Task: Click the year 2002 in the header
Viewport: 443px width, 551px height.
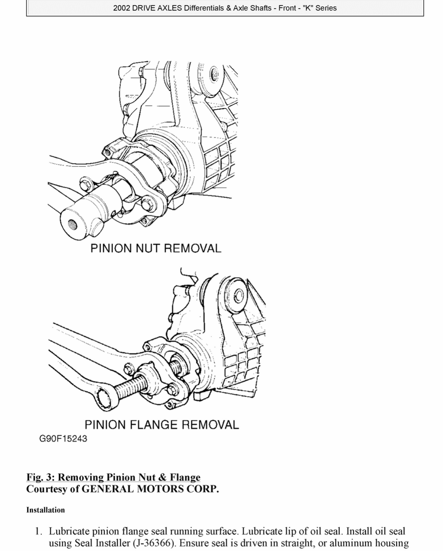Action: click(122, 8)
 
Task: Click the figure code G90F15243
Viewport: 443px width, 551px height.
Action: click(63, 439)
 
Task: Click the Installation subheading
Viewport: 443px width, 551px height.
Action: click(45, 510)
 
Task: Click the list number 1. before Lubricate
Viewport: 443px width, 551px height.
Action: click(39, 531)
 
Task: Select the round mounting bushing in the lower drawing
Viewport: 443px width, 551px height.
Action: click(238, 295)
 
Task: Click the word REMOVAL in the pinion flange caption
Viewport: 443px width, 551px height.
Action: click(210, 425)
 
